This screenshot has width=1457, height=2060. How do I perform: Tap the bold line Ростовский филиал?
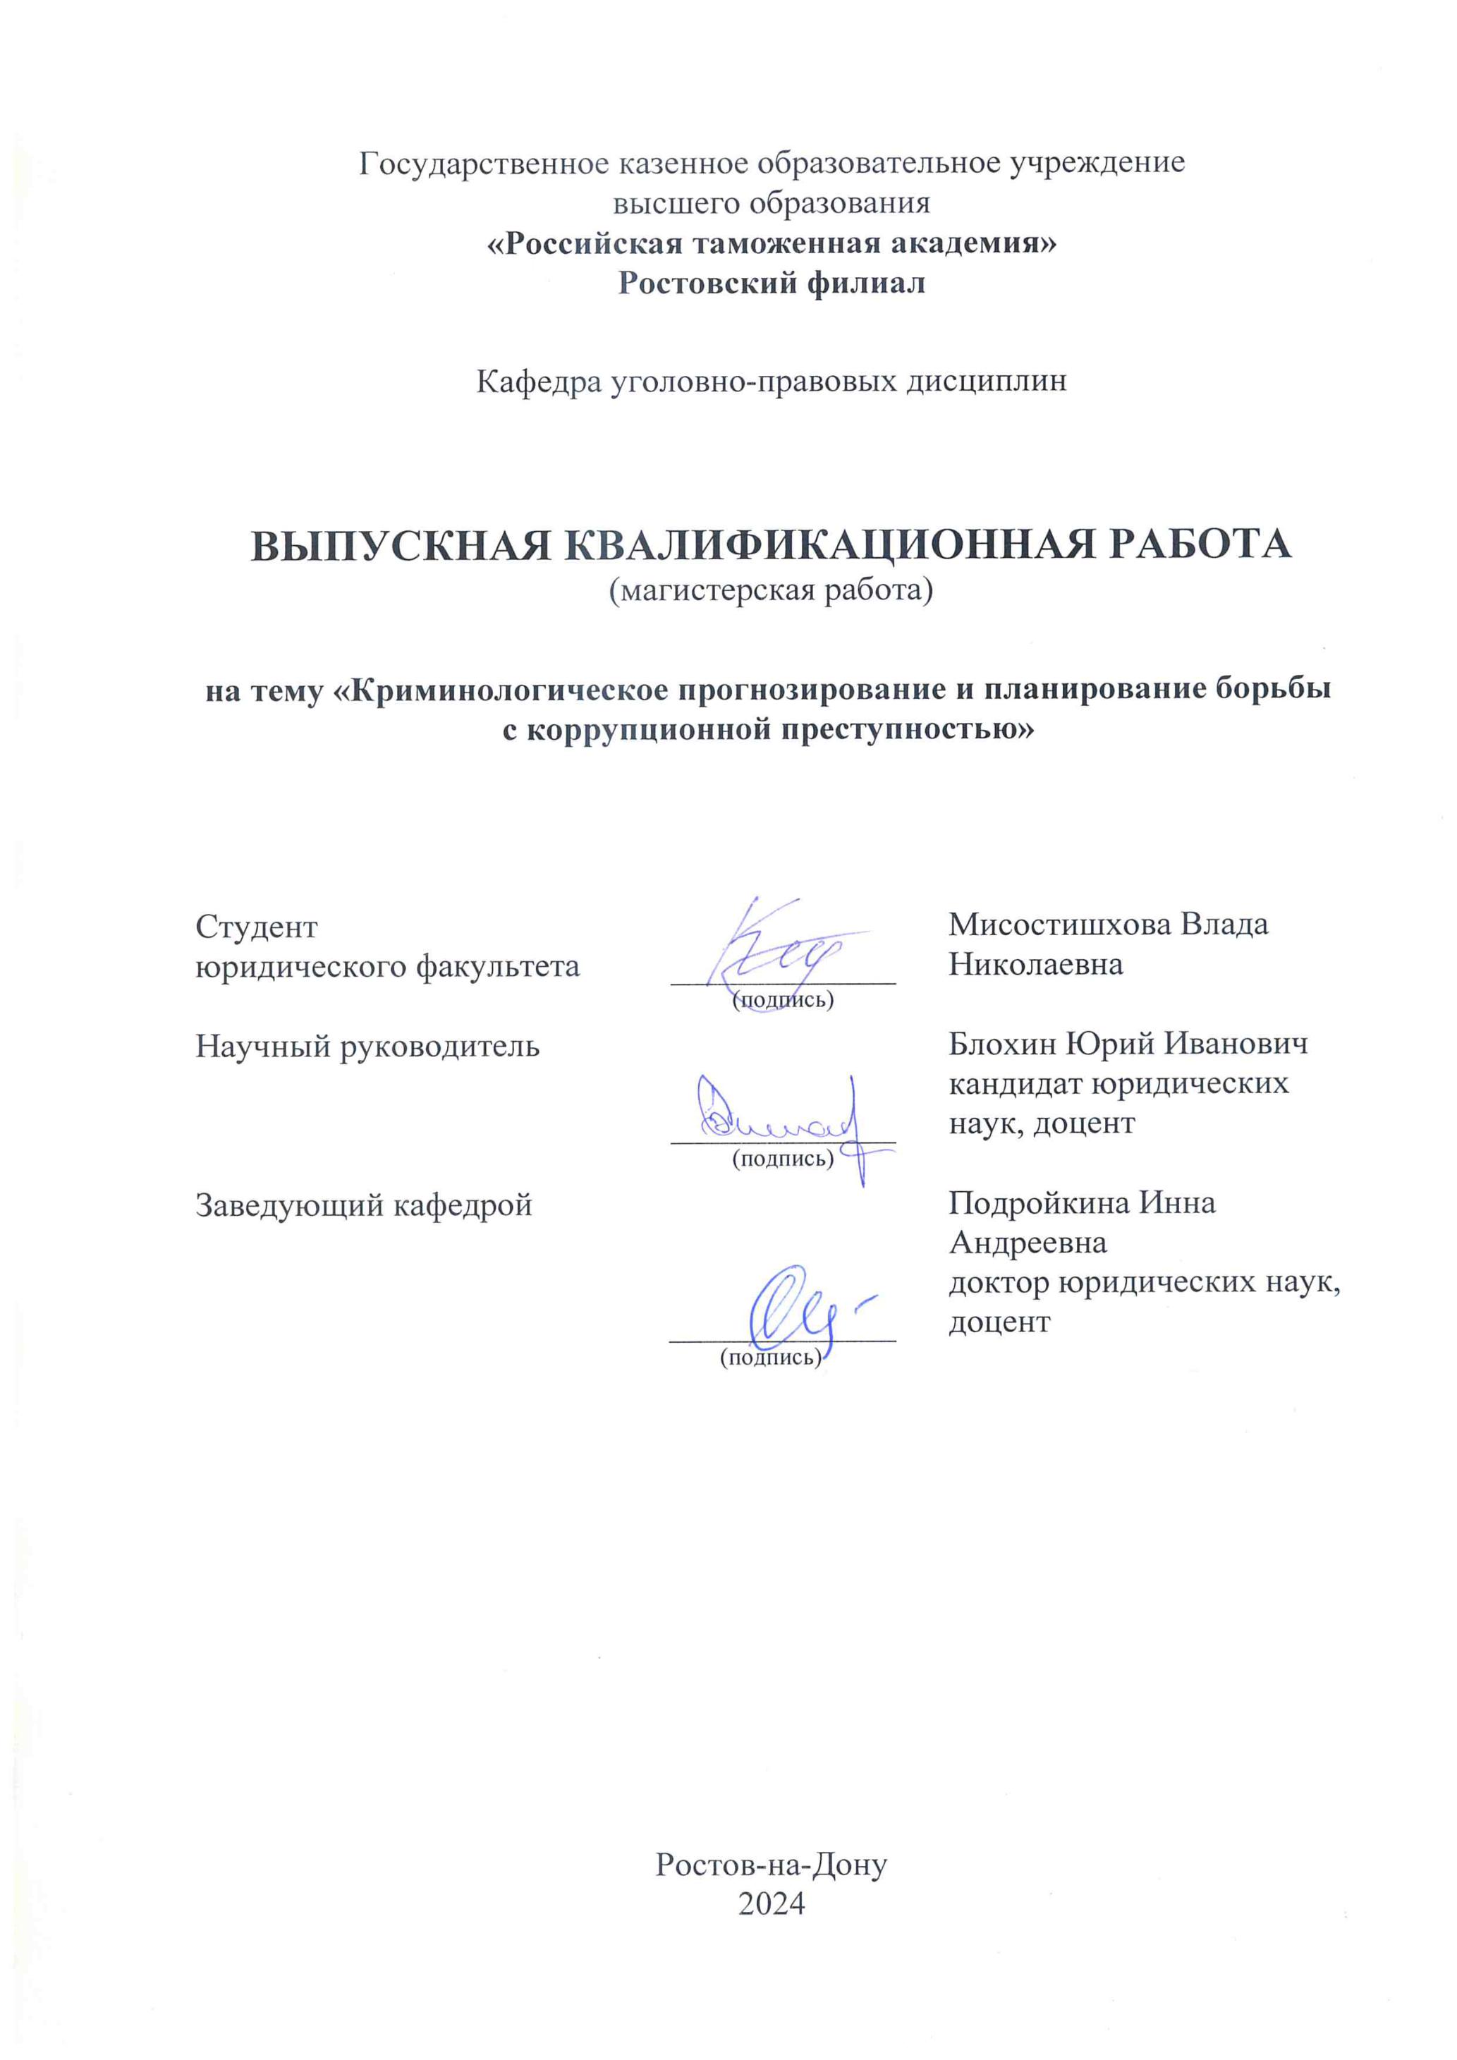tap(772, 284)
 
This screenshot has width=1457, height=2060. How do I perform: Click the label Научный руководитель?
tap(368, 1046)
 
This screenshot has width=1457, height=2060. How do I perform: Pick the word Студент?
tap(257, 927)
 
